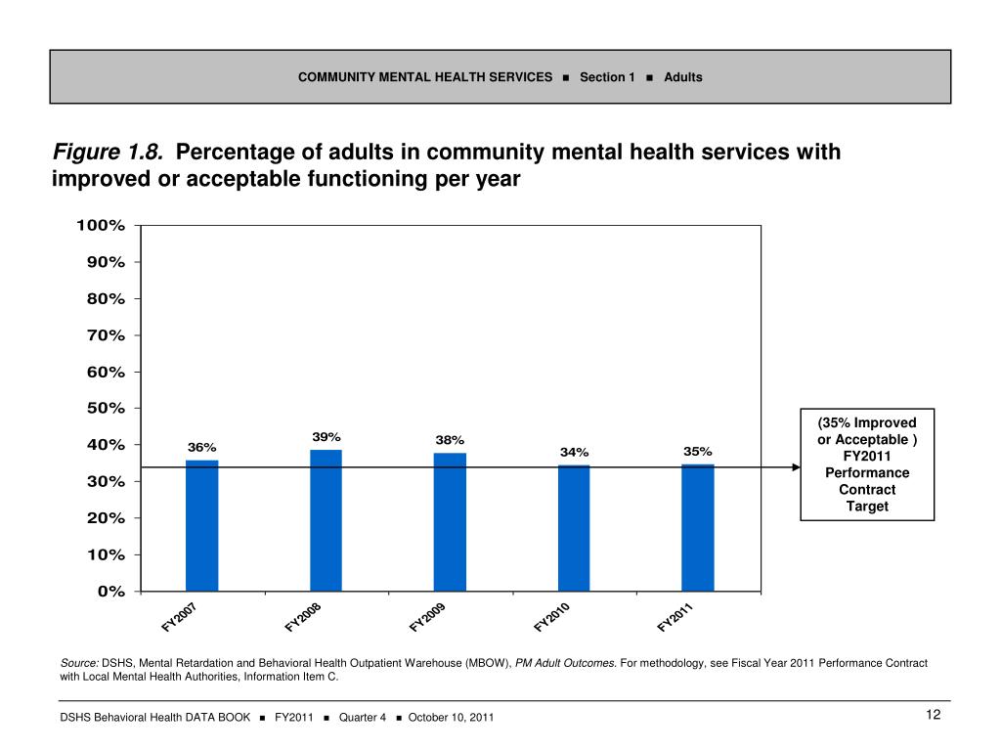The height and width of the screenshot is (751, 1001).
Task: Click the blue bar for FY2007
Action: (x=201, y=525)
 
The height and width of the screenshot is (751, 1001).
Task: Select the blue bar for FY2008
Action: (x=326, y=520)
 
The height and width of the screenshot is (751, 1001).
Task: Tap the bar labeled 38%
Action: (x=450, y=522)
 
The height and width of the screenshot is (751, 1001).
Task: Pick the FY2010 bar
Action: (x=574, y=528)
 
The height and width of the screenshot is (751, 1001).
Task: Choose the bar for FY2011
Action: (x=698, y=527)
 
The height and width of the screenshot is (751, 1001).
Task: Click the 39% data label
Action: (x=326, y=436)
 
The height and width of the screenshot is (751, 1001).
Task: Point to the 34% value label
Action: (x=574, y=452)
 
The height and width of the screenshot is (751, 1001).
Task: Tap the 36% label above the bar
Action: (x=201, y=447)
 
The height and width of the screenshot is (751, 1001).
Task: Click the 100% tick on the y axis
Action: (x=101, y=225)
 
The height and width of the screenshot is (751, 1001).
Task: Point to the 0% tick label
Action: (x=111, y=591)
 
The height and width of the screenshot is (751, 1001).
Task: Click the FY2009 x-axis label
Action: (x=427, y=618)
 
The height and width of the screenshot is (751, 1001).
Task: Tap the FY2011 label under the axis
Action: (x=675, y=618)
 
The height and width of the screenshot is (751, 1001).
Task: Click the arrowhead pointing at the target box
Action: (x=795, y=467)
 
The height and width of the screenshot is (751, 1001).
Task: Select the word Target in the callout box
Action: (x=867, y=506)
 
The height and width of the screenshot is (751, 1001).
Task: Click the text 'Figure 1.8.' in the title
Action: (x=108, y=154)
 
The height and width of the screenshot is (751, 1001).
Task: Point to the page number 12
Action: (x=933, y=716)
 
